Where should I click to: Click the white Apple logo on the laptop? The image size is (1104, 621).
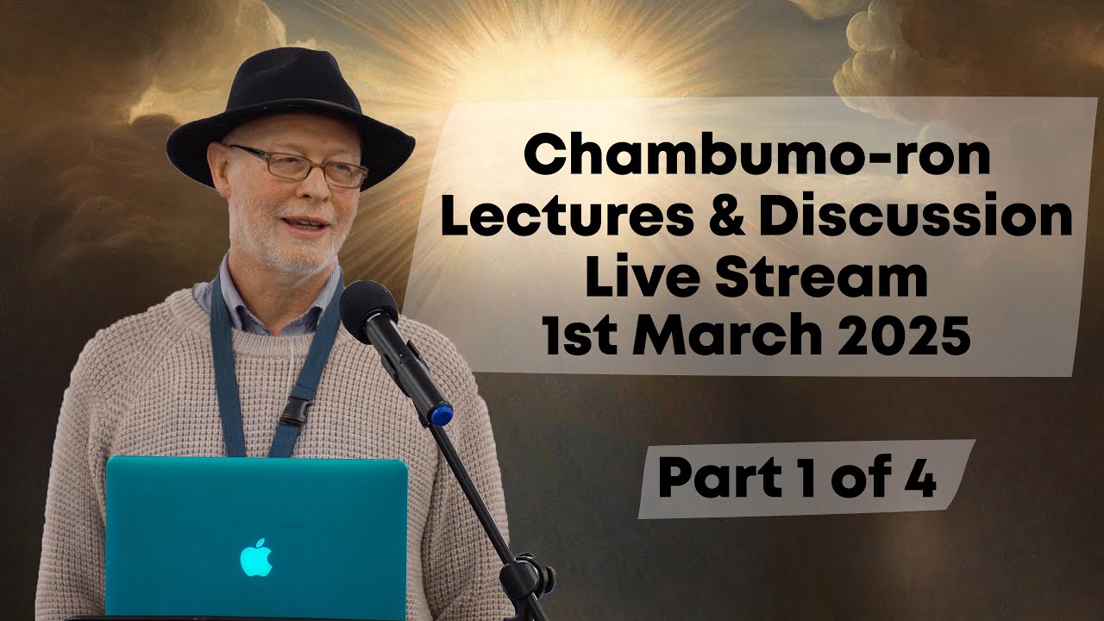point(256,558)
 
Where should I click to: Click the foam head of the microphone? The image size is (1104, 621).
point(368,310)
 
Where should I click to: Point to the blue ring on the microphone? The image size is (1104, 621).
point(441,414)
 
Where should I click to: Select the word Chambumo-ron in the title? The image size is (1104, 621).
point(757,157)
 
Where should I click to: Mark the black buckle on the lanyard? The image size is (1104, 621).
point(296,411)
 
